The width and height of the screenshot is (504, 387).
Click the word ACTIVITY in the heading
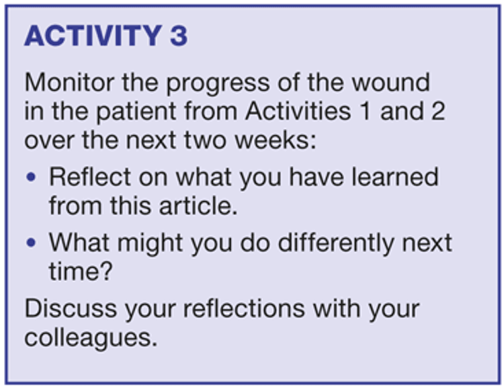pos(93,36)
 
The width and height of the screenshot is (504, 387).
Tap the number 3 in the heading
pos(179,36)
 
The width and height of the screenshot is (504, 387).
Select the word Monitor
pos(69,83)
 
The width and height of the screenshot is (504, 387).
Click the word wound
pos(390,83)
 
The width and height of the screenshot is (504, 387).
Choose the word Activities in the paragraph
pos(298,112)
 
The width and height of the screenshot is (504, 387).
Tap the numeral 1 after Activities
pos(365,112)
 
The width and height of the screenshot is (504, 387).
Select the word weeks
pos(276,140)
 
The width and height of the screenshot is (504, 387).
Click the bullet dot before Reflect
pos(31,177)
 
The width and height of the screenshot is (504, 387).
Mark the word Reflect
pos(89,177)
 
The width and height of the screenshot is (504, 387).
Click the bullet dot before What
pos(31,243)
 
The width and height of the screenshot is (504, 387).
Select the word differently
pos(336,243)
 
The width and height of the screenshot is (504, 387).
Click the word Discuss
pos(71,308)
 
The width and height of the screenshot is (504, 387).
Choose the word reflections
pos(244,308)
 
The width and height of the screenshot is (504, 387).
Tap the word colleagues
pos(91,338)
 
